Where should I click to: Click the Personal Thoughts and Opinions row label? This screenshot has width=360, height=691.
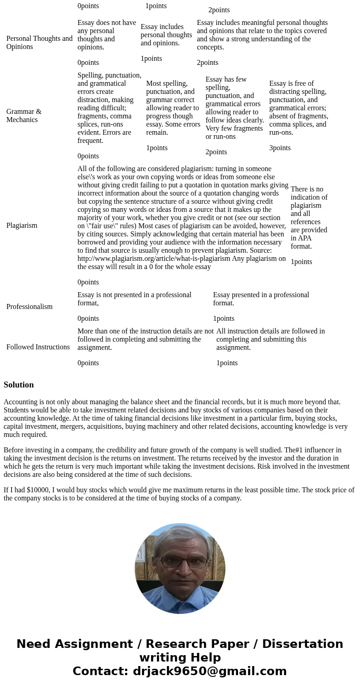tap(39, 43)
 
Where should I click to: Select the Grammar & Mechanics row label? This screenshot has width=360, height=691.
tap(24, 116)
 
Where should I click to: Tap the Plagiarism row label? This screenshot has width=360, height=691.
tap(22, 225)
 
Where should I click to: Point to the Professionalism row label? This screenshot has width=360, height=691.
tap(29, 307)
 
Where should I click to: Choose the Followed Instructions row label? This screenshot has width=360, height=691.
tap(38, 347)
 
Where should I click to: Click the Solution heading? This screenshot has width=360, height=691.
tap(19, 385)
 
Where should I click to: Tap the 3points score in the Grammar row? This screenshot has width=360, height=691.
tap(280, 148)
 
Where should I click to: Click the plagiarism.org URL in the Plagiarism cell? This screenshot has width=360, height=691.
tap(154, 259)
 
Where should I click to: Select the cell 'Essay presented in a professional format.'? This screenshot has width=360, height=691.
tap(261, 299)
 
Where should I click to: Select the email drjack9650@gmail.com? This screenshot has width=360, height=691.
tap(209, 671)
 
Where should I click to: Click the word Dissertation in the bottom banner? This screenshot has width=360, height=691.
tap(302, 644)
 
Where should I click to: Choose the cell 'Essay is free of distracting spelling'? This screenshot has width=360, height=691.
tap(298, 108)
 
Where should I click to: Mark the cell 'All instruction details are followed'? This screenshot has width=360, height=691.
tap(270, 339)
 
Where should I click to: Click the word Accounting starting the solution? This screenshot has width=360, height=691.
tap(19, 402)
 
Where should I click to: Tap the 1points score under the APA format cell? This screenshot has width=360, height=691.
tap(301, 262)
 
